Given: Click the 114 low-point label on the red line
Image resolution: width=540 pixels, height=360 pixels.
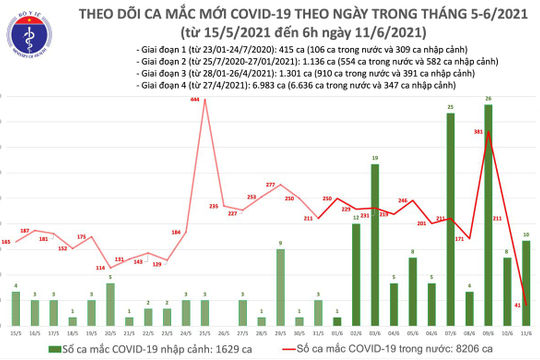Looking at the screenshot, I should click(x=100, y=268).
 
